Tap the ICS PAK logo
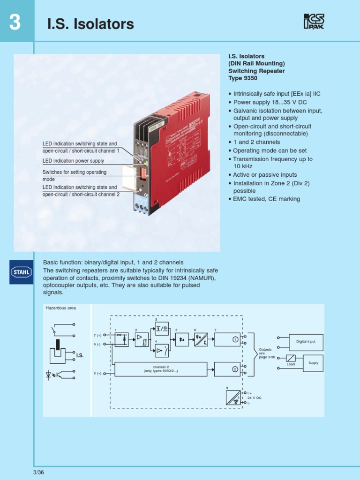[314, 22]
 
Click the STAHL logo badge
[22, 272]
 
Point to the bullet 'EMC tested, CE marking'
[266, 199]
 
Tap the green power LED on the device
[146, 164]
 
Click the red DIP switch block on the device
[143, 174]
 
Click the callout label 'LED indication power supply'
[73, 161]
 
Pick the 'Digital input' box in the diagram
[306, 342]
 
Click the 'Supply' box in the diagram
[313, 363]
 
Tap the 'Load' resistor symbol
[291, 358]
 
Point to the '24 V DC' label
[255, 397]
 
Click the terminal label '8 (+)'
[97, 373]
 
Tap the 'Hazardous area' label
[60, 308]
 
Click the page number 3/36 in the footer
[38, 472]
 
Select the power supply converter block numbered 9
[233, 397]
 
